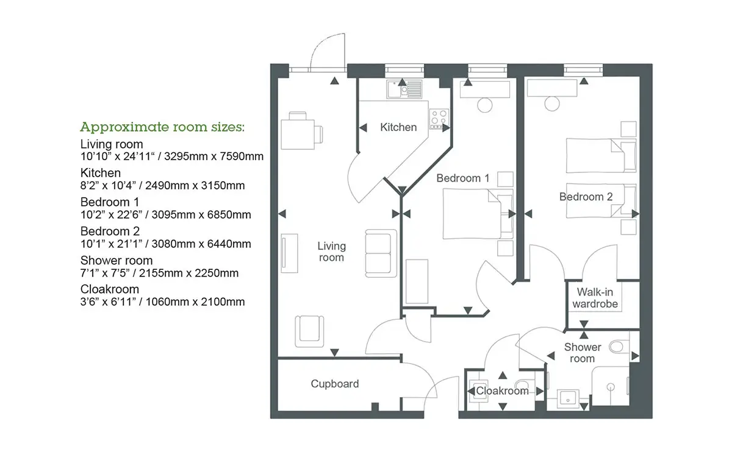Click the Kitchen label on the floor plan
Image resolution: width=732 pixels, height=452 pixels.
(398, 127)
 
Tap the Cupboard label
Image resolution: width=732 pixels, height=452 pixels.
(335, 384)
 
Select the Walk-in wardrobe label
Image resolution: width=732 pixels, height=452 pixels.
(595, 298)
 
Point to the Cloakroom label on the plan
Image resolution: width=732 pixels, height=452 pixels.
(502, 390)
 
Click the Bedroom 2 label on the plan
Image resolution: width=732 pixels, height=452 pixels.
(586, 197)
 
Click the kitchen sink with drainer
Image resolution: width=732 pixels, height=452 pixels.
(404, 89)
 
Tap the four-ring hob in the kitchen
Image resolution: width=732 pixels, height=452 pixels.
(439, 118)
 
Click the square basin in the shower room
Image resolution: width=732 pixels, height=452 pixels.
(569, 399)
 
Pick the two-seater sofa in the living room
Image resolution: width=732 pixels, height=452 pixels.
(381, 253)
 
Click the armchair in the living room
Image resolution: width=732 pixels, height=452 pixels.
(309, 331)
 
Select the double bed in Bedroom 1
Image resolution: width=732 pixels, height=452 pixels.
(478, 214)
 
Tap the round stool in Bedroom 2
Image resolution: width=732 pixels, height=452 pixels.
(552, 104)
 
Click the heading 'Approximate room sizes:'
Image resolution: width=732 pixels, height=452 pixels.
(162, 127)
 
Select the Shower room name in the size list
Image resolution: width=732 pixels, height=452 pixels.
(117, 261)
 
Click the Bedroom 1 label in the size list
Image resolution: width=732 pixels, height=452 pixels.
(110, 202)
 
